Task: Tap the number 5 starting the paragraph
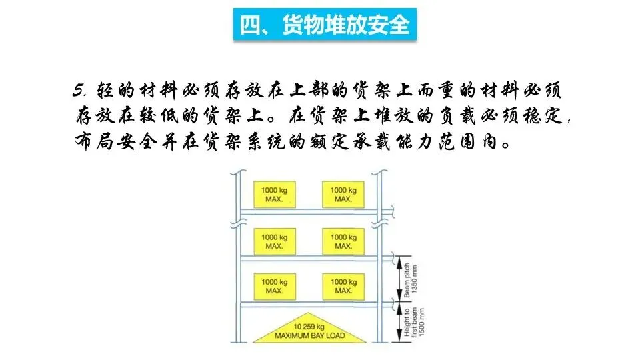click(x=79, y=90)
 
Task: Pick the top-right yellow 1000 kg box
click(x=343, y=194)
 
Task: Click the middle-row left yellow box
click(x=274, y=241)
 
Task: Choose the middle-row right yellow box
click(x=343, y=241)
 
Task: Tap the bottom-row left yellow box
click(x=274, y=286)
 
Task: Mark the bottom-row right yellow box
click(x=343, y=286)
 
